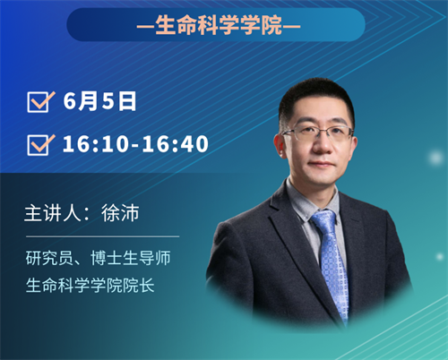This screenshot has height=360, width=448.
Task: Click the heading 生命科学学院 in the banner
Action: pos(219,25)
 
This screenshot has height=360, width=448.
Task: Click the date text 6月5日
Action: pos(99,101)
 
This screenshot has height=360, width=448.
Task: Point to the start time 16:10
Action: pos(96,144)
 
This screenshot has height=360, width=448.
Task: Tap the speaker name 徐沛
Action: pos(120,213)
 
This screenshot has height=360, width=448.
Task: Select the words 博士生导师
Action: pos(131,258)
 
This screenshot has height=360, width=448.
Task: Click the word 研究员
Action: pos(49,258)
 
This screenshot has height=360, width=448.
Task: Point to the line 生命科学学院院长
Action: pos(90,285)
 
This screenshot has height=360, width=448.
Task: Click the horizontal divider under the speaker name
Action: pos(102,236)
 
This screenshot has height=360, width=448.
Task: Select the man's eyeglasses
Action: pos(318,133)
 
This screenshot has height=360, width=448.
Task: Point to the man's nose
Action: pos(323,145)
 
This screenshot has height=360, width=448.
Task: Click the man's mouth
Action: pos(322,164)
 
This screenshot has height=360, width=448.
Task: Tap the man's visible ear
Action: pos(280,146)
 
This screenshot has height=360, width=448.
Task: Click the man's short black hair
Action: pos(315,97)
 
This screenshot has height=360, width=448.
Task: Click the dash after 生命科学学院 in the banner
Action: pos(291,26)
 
